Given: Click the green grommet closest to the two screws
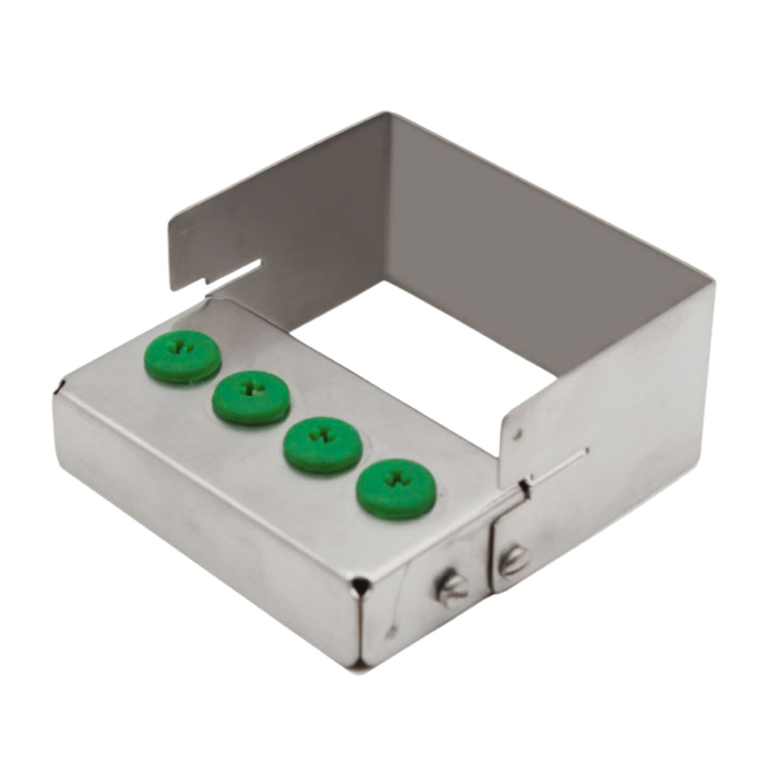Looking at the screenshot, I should [x=396, y=488].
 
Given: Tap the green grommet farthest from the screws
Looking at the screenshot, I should [x=183, y=356].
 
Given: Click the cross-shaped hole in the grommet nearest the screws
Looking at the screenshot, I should [x=396, y=479].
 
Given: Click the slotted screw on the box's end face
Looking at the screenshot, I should [x=452, y=589].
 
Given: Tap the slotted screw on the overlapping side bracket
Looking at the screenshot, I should [x=512, y=561].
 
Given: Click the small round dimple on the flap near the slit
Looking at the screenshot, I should [x=518, y=436].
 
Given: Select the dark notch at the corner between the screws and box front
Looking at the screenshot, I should [x=358, y=586].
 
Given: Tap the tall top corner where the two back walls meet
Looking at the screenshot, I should [x=386, y=116].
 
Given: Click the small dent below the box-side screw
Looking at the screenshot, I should [x=391, y=632].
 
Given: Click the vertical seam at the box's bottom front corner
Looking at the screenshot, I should [x=360, y=626].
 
